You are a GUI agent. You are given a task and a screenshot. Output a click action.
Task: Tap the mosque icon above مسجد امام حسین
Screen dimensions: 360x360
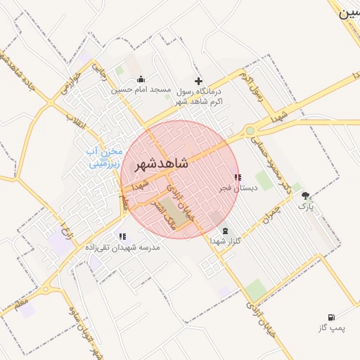141,79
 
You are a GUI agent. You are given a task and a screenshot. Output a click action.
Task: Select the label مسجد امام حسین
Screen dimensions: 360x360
141,90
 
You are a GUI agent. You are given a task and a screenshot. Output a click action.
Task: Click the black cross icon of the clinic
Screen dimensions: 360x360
198,81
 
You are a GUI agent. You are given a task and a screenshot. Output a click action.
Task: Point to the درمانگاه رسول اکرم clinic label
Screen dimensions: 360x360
198,96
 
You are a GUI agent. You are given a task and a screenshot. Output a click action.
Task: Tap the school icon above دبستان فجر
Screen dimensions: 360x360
237,177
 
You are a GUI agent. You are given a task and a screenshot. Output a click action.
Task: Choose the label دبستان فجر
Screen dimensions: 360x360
237,188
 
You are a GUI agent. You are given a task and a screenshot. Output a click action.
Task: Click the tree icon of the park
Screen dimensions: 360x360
305,195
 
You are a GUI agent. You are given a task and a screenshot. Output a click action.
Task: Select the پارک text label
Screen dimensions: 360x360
305,207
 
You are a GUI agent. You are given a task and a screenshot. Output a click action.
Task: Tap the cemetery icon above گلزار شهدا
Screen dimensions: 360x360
225,231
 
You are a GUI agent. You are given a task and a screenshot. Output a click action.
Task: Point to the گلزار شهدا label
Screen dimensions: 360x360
225,241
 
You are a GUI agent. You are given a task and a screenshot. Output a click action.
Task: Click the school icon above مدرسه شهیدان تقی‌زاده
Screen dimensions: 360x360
123,237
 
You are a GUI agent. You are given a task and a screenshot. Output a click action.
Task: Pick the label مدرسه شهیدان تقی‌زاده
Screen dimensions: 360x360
123,247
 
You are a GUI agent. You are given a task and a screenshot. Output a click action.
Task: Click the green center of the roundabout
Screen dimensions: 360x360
250,130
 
